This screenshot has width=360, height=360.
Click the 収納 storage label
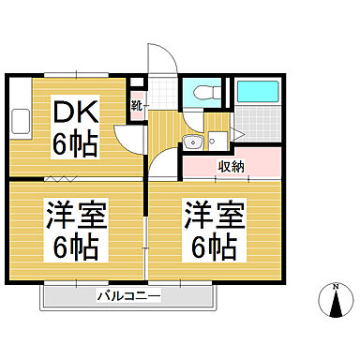[x=232, y=166]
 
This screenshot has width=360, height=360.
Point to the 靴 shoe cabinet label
[x=135, y=106]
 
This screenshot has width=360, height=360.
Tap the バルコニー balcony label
[x=128, y=296]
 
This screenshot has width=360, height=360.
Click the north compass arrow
[x=335, y=304]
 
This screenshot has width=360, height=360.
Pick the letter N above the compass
[x=335, y=285]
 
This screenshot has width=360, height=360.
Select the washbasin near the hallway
[x=193, y=142]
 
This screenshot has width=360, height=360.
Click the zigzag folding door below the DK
[x=61, y=177]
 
